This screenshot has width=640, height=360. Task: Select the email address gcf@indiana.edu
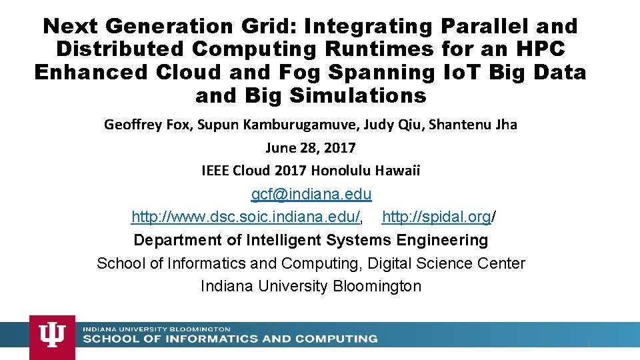point(311,195)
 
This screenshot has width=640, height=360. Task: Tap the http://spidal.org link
point(437,217)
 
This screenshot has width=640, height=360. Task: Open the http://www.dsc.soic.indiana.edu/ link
point(246,217)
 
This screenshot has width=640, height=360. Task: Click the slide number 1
point(589,343)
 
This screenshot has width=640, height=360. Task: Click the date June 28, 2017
point(311,147)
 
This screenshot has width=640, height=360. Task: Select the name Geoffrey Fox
point(145,125)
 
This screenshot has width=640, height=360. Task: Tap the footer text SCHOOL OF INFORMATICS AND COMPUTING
point(230,339)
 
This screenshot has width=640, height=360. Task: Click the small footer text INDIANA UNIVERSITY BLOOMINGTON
point(157,329)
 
